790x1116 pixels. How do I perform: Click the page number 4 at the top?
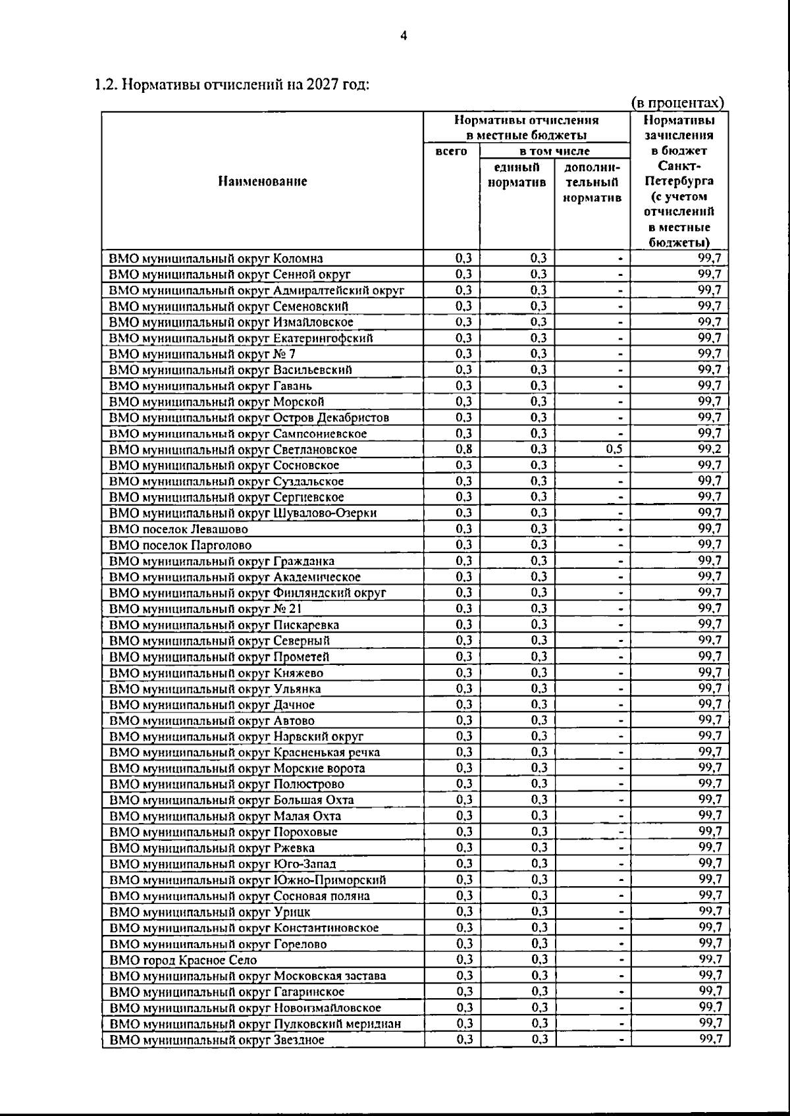coord(404,36)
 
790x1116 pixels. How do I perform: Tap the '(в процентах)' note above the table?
coord(677,103)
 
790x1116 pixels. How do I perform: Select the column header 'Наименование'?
coord(262,181)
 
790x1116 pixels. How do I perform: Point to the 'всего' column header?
coord(452,151)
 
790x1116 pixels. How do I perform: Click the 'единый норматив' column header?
coord(517,174)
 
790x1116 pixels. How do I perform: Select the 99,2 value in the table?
coord(710,450)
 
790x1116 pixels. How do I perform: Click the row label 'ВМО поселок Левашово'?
coord(178,529)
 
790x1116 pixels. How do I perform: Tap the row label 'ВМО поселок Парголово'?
coord(180,545)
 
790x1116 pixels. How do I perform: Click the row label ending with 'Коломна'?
coord(216,259)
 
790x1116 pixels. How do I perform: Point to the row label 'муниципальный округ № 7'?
coord(202,354)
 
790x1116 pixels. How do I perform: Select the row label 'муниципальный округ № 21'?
coord(205,609)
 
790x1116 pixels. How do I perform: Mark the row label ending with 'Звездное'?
coord(217,1040)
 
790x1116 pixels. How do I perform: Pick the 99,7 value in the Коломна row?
coord(710,259)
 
